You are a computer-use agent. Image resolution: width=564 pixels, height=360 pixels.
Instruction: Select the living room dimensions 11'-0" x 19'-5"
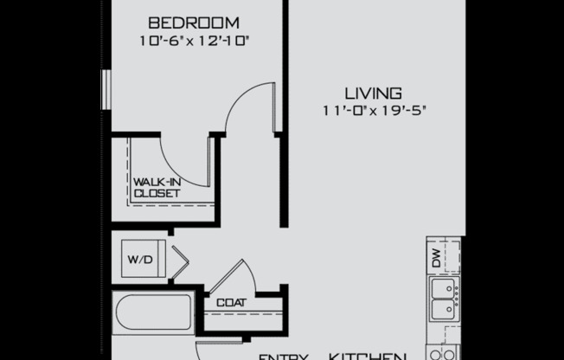pos(373,110)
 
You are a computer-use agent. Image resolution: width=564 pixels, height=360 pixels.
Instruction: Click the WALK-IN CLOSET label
pos(157,188)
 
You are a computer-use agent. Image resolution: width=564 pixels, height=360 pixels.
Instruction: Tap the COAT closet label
pos(231,303)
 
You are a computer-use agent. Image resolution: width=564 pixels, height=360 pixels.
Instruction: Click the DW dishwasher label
pos(435,257)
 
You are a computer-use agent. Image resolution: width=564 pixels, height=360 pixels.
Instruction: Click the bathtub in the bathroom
pos(154,312)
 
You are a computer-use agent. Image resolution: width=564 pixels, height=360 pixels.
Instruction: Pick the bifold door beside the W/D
pos(179,262)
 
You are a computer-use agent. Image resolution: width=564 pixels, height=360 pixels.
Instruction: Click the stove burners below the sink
pos(442,352)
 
